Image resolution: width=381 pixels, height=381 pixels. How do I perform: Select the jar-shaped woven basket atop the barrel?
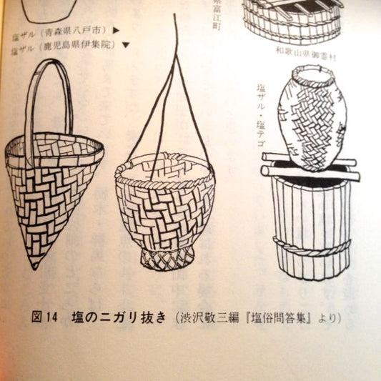click(x=312, y=118)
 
